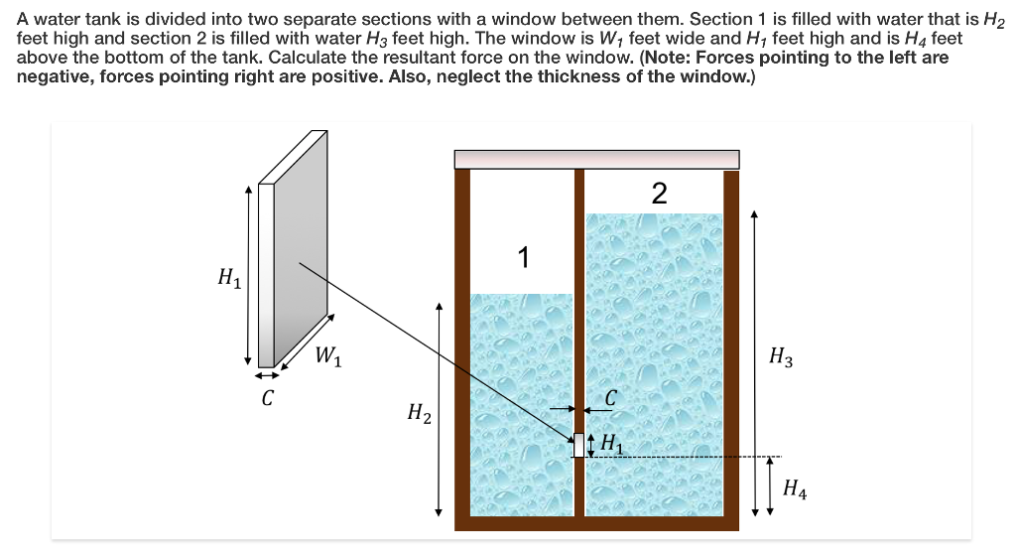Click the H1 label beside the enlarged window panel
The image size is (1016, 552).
click(x=228, y=279)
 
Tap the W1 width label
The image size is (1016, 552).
click(x=329, y=356)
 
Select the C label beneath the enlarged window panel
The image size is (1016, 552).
click(x=267, y=399)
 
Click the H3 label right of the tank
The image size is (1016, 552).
click(x=781, y=358)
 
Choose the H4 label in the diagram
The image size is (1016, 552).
click(x=795, y=487)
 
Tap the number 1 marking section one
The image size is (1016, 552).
click(x=524, y=258)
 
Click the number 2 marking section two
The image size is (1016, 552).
click(x=660, y=193)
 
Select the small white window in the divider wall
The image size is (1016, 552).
click(x=579, y=445)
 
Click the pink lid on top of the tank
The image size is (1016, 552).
click(x=596, y=159)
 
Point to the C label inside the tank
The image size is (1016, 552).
click(x=611, y=398)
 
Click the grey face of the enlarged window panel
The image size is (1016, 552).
click(x=303, y=248)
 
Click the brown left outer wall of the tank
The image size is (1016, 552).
click(x=461, y=347)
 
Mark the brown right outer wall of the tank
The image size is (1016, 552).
click(x=731, y=347)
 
